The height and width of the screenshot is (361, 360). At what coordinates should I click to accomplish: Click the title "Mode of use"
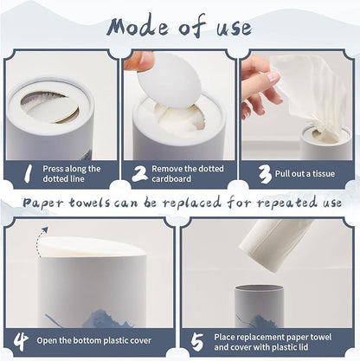[179, 27]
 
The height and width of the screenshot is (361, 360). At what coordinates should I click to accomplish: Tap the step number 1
[28, 173]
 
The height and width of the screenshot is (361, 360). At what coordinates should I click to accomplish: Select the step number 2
[140, 174]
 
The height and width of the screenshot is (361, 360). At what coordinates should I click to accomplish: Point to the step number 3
[265, 174]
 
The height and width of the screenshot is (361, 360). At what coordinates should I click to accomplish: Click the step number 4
[21, 341]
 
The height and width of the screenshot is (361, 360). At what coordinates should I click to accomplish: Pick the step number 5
[197, 342]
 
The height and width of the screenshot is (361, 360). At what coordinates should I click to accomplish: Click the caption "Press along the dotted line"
[72, 173]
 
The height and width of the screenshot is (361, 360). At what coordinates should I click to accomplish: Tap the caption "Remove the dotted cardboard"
[188, 173]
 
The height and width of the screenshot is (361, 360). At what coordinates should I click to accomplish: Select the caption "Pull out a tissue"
[305, 174]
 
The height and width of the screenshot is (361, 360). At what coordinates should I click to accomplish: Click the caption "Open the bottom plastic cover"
[93, 340]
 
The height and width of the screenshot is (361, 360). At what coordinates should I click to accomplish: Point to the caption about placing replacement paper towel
[273, 342]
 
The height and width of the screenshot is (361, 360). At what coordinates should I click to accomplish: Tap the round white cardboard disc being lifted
[170, 81]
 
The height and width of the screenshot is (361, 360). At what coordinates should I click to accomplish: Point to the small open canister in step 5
[259, 306]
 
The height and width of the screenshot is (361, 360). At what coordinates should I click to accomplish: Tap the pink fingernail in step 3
[273, 77]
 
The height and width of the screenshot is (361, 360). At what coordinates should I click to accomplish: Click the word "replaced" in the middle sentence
[191, 203]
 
